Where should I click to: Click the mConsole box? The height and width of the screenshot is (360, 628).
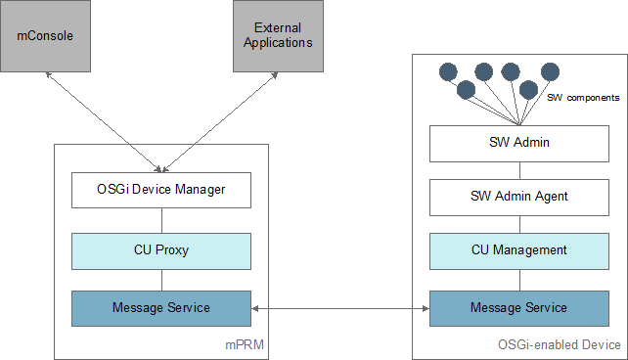(x=45, y=36)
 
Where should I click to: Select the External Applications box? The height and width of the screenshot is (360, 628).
(x=279, y=36)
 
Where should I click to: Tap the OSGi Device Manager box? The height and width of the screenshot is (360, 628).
(x=161, y=190)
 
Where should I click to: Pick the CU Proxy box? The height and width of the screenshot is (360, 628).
(x=161, y=251)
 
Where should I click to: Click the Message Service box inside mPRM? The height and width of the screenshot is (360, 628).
(x=161, y=308)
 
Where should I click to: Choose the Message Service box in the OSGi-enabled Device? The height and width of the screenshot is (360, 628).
(x=519, y=308)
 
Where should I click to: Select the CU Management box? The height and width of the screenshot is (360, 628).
(x=519, y=251)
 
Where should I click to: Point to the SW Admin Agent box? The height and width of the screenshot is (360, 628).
(x=519, y=198)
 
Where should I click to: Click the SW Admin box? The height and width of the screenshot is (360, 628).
(x=519, y=144)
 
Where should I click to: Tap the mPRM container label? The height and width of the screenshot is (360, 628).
(x=245, y=344)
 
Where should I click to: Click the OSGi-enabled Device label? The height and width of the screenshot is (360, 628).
(x=560, y=344)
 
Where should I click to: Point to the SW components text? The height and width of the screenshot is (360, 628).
(x=583, y=98)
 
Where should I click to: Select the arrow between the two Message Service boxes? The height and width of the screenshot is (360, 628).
(x=340, y=309)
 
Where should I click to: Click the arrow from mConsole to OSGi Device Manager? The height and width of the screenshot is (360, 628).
(x=104, y=122)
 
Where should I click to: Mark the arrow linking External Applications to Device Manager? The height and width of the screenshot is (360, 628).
(x=219, y=122)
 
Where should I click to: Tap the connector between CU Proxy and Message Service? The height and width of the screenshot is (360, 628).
(x=161, y=281)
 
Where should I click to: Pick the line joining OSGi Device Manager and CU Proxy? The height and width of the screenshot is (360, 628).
(x=161, y=221)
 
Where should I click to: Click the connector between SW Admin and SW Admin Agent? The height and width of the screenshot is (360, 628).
(x=519, y=171)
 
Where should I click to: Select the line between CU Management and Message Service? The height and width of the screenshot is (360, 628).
(x=519, y=281)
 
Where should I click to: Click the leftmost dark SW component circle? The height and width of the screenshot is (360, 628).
(x=448, y=72)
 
